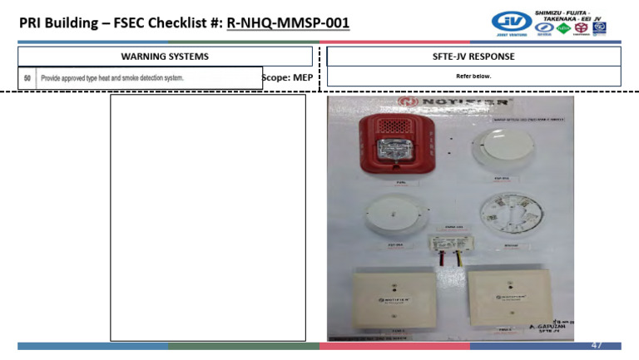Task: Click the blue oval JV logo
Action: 511,20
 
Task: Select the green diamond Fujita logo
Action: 563,28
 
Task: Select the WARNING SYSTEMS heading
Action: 165,57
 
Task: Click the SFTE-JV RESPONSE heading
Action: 473,57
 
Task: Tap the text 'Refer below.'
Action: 473,76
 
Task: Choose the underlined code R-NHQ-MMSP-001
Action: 287,22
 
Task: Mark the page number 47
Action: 597,344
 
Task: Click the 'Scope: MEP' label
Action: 287,77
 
